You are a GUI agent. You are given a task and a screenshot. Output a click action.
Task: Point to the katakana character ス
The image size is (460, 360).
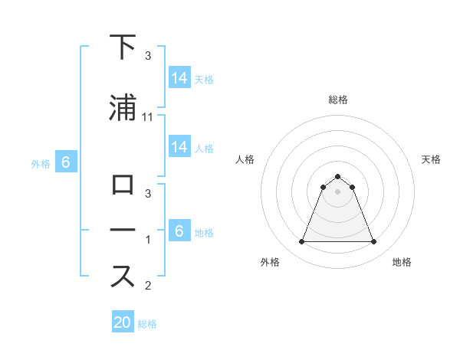pos(123,277)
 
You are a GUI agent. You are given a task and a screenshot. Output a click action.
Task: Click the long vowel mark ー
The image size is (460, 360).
pos(123,230)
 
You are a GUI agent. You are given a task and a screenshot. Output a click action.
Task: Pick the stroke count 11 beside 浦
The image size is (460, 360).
pos(149,117)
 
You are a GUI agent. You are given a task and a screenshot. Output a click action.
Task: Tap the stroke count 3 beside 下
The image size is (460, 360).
pos(148,56)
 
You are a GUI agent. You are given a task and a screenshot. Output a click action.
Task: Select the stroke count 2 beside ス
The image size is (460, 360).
pos(148,286)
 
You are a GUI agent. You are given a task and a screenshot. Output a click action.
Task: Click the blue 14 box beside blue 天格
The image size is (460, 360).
pos(179,78)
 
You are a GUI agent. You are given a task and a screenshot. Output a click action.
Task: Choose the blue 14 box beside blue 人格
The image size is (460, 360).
pos(179,147)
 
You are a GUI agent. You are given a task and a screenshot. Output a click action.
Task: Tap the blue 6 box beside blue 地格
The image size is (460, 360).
pos(179,231)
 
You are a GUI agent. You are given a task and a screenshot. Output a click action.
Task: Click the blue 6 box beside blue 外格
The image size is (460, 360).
pos(66,162)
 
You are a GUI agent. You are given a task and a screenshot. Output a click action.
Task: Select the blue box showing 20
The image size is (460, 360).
pos(123,322)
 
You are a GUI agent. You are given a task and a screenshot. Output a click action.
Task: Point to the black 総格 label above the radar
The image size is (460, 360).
pos(338,100)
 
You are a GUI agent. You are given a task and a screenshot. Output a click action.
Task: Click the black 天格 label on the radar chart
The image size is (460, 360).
pos(432,159)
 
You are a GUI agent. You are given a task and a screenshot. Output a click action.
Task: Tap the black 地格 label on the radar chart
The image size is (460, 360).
pos(402,263)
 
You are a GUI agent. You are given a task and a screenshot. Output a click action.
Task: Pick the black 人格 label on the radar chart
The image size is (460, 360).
pos(245,159)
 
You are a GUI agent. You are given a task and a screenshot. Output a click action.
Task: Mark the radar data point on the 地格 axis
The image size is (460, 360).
pos(373,242)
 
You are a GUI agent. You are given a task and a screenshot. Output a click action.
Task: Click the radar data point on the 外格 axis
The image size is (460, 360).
pos(301,242)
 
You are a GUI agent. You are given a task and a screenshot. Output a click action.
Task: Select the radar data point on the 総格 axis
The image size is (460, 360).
pos(337,176)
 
